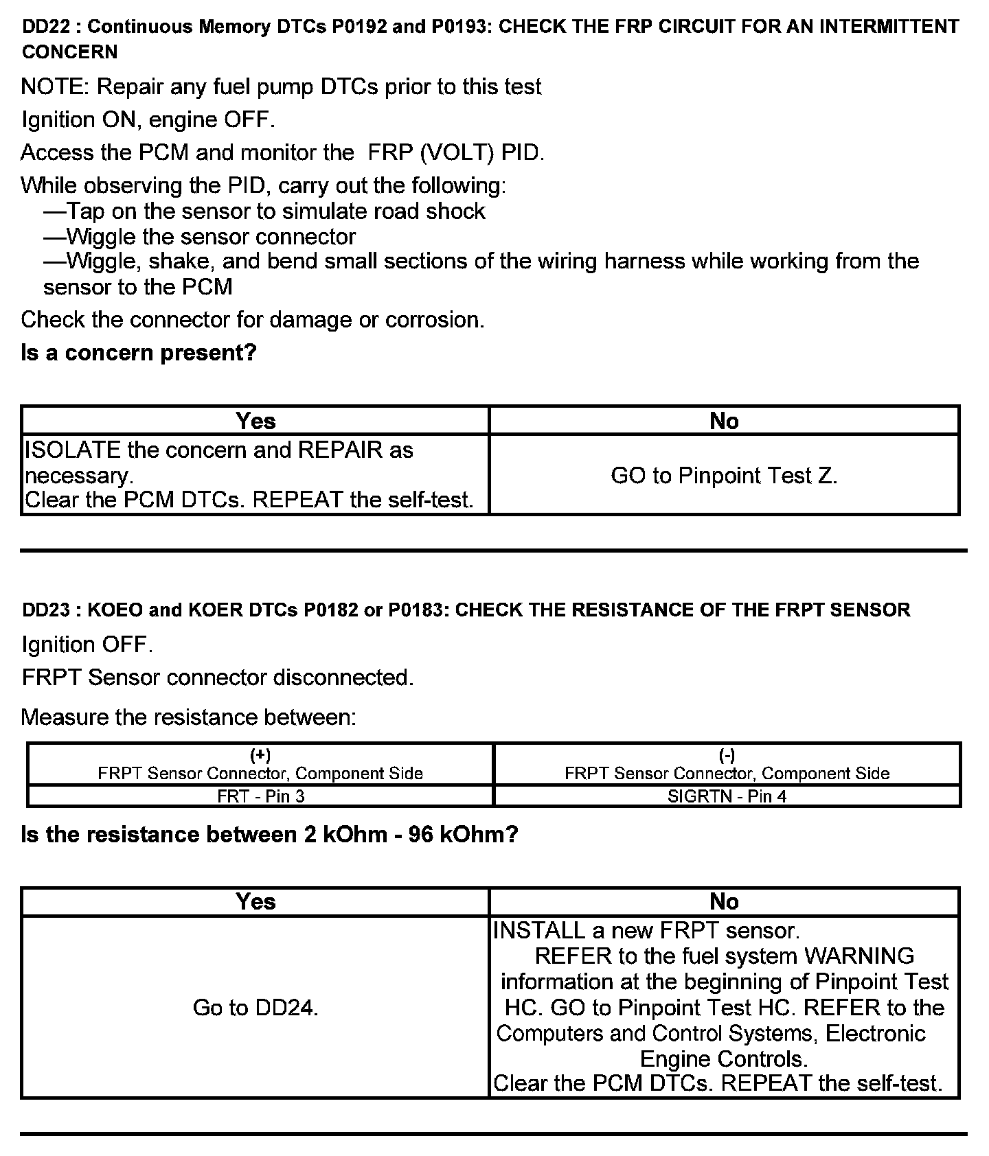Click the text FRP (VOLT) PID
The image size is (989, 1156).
455,152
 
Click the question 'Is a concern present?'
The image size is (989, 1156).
139,353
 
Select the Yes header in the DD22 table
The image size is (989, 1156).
255,421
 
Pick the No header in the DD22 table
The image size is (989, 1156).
724,421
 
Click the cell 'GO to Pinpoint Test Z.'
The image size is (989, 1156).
724,475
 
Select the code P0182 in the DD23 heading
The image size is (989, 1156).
332,610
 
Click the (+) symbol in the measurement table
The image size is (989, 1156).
260,756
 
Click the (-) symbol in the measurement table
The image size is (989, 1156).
727,756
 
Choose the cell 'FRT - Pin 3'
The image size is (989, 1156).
260,796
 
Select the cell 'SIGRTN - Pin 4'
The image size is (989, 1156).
727,796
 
